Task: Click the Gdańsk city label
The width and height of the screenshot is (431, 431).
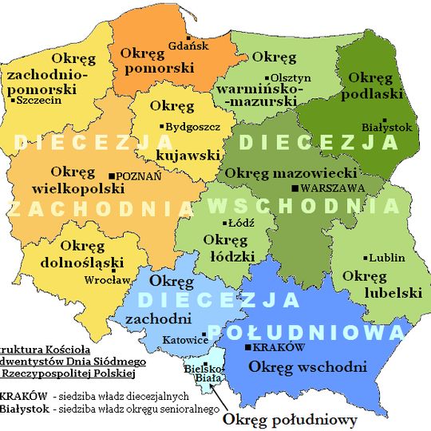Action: click(x=190, y=45)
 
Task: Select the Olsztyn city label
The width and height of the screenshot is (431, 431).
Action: click(x=290, y=77)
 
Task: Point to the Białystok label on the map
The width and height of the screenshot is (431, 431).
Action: click(x=387, y=127)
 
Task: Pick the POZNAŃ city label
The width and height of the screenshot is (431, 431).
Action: click(x=139, y=176)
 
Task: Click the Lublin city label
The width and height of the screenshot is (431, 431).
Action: click(x=387, y=257)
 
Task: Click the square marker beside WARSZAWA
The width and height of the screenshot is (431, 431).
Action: click(x=296, y=188)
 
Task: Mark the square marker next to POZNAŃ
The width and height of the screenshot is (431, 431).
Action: click(x=111, y=176)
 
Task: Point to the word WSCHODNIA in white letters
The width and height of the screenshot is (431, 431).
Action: click(x=303, y=205)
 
